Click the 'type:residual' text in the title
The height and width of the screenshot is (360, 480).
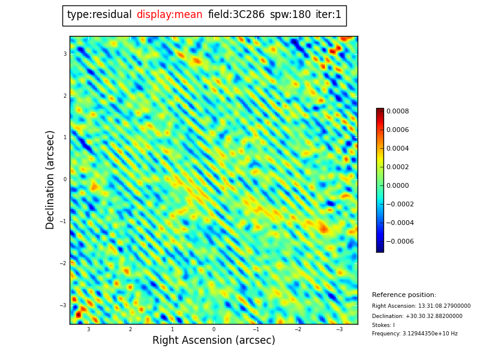click(99, 15)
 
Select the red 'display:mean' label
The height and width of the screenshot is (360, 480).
click(169, 15)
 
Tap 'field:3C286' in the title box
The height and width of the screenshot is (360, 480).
click(236, 15)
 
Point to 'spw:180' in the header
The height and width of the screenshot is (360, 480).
click(290, 15)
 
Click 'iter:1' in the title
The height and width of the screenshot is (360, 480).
click(328, 15)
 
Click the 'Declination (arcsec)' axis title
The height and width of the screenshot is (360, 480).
click(50, 179)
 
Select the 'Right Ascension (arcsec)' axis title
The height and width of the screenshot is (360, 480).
click(214, 341)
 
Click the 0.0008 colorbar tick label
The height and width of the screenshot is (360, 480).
click(397, 111)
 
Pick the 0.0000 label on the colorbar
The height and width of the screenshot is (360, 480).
click(397, 185)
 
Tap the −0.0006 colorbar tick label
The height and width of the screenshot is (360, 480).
click(400, 241)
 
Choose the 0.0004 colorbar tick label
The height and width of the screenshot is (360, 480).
click(397, 148)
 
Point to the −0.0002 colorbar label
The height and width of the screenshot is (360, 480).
click(400, 204)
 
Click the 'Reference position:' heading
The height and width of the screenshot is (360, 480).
click(404, 295)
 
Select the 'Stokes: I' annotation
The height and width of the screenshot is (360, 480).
click(383, 325)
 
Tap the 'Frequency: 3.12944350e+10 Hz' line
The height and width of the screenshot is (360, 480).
click(415, 334)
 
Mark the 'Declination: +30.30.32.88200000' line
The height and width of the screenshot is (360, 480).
click(417, 316)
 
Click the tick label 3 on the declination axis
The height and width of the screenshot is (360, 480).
click(65, 54)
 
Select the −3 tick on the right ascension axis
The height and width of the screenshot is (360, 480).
click(339, 329)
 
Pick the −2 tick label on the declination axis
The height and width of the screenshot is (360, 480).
click(64, 263)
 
